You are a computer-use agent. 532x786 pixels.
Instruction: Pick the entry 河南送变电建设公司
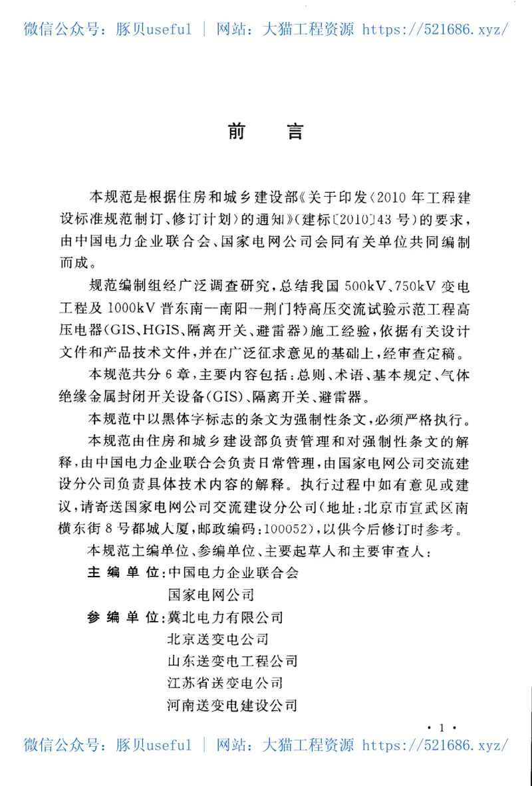[233, 705]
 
